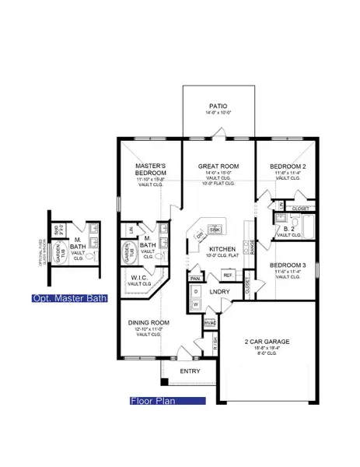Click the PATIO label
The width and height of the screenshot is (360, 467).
(218, 104)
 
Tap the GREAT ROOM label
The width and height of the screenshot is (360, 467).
(218, 166)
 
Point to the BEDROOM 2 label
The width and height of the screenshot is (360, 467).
(288, 166)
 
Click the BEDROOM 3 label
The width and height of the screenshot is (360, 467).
(288, 265)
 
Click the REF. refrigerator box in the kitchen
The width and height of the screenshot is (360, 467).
(228, 275)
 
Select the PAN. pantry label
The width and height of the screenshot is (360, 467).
(195, 278)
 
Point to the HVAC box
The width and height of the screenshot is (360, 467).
(208, 322)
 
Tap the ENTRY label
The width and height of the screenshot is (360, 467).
(190, 371)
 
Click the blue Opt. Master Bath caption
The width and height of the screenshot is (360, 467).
(69, 298)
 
